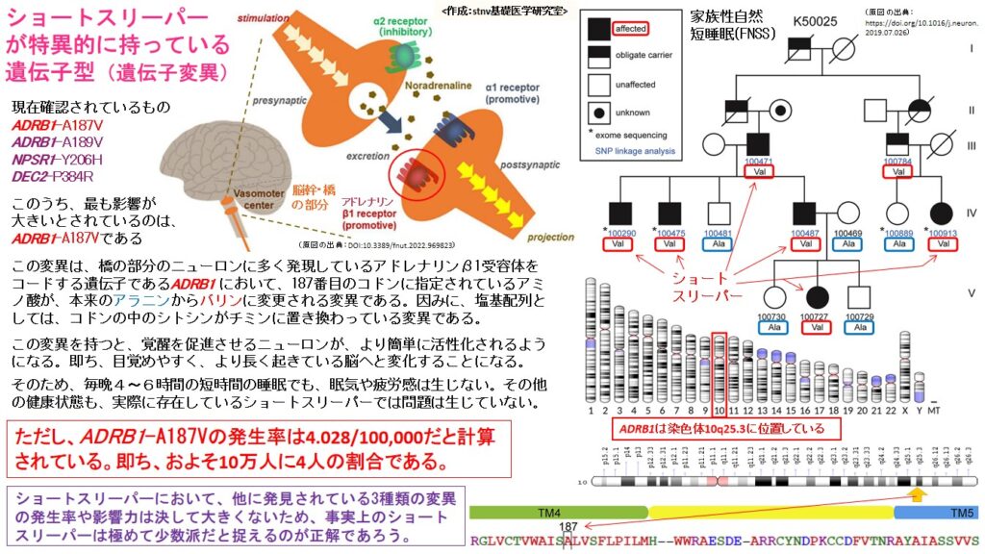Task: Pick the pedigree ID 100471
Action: [759, 162]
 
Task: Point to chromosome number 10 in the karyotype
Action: [719, 410]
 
